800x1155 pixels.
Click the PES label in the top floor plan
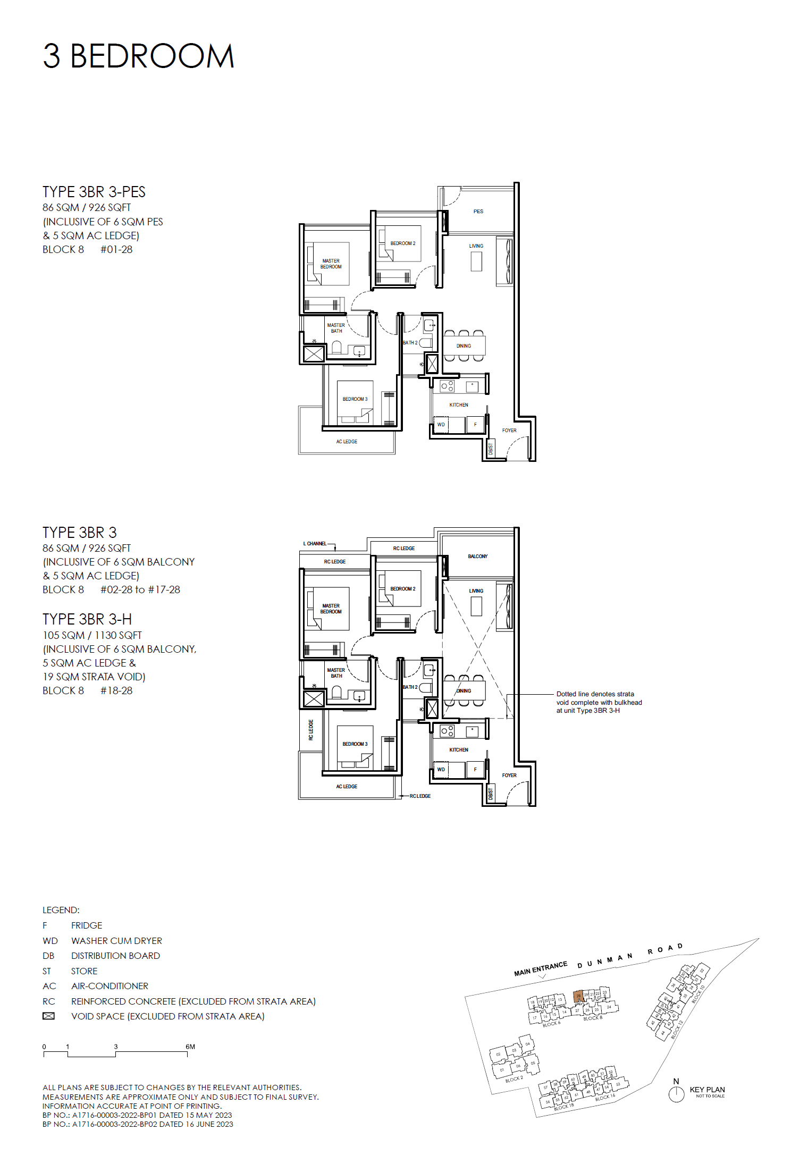tap(478, 212)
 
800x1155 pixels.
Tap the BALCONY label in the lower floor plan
tap(477, 557)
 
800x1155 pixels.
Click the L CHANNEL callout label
tap(315, 544)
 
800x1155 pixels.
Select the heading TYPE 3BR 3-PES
tap(94, 192)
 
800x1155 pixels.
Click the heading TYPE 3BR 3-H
tap(87, 619)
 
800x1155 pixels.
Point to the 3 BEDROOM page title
tap(138, 56)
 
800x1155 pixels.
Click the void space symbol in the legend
tap(48, 1016)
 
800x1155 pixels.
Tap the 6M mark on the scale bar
tap(190, 1047)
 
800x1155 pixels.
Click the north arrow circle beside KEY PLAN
tap(676, 1094)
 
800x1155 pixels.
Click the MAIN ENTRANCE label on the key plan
tap(540, 969)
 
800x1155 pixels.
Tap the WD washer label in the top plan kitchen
tap(441, 425)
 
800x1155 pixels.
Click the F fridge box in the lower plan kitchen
tap(475, 770)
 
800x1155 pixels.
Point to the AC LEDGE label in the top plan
tap(347, 442)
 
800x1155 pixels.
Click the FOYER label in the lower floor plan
tap(509, 775)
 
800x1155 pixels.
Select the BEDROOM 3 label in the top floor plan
tap(355, 399)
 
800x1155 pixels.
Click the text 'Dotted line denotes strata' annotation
tap(595, 694)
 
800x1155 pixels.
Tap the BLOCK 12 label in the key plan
tap(677, 1029)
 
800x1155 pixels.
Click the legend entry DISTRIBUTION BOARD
tap(115, 956)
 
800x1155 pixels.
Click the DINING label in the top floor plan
tap(464, 346)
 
